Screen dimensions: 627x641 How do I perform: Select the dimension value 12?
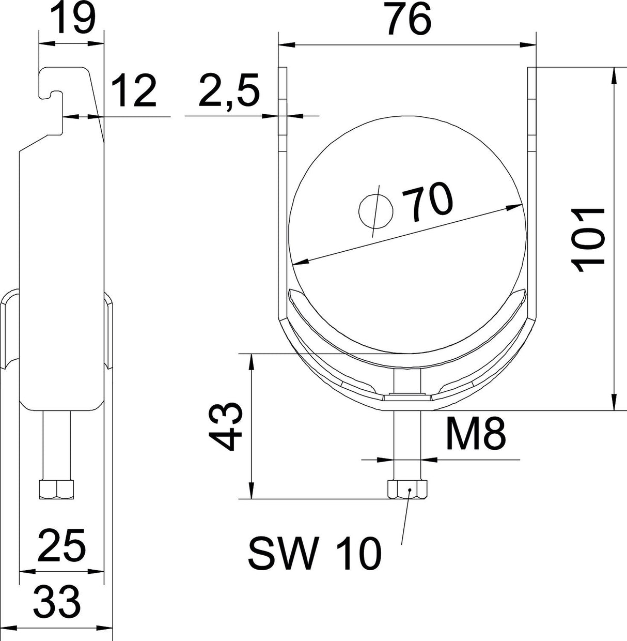133,90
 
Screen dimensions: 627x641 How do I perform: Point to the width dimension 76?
409,19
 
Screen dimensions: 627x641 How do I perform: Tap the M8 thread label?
476,433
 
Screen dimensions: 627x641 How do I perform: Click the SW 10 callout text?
315,553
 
